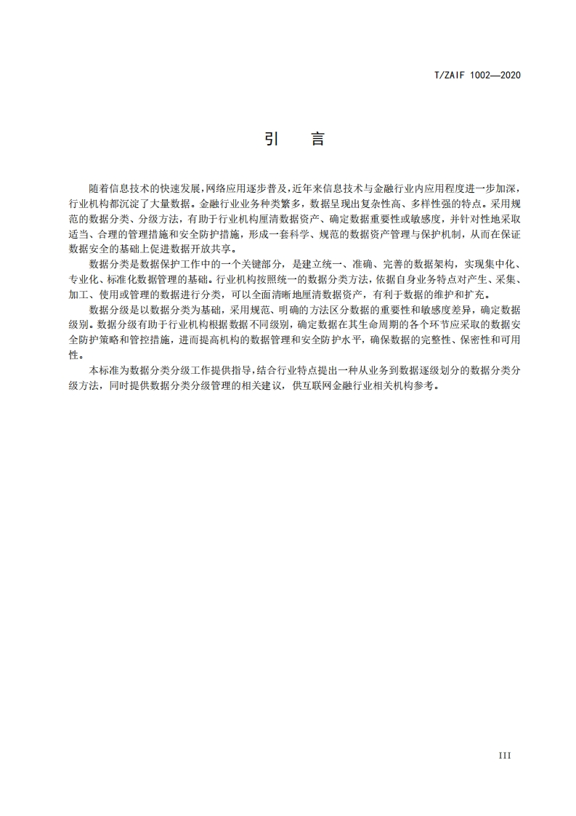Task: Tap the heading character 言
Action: pyautogui.click(x=317, y=139)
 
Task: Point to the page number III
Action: pyautogui.click(x=505, y=756)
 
